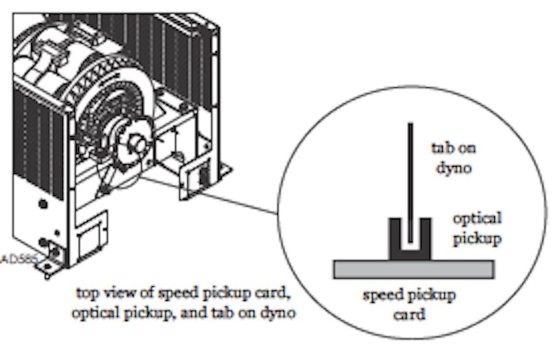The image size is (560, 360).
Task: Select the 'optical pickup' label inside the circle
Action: [476, 228]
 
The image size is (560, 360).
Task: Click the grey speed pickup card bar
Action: [413, 269]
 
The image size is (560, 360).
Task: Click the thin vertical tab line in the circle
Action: [410, 177]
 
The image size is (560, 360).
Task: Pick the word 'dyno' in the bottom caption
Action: [279, 312]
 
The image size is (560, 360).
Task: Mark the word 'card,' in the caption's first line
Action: [278, 295]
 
